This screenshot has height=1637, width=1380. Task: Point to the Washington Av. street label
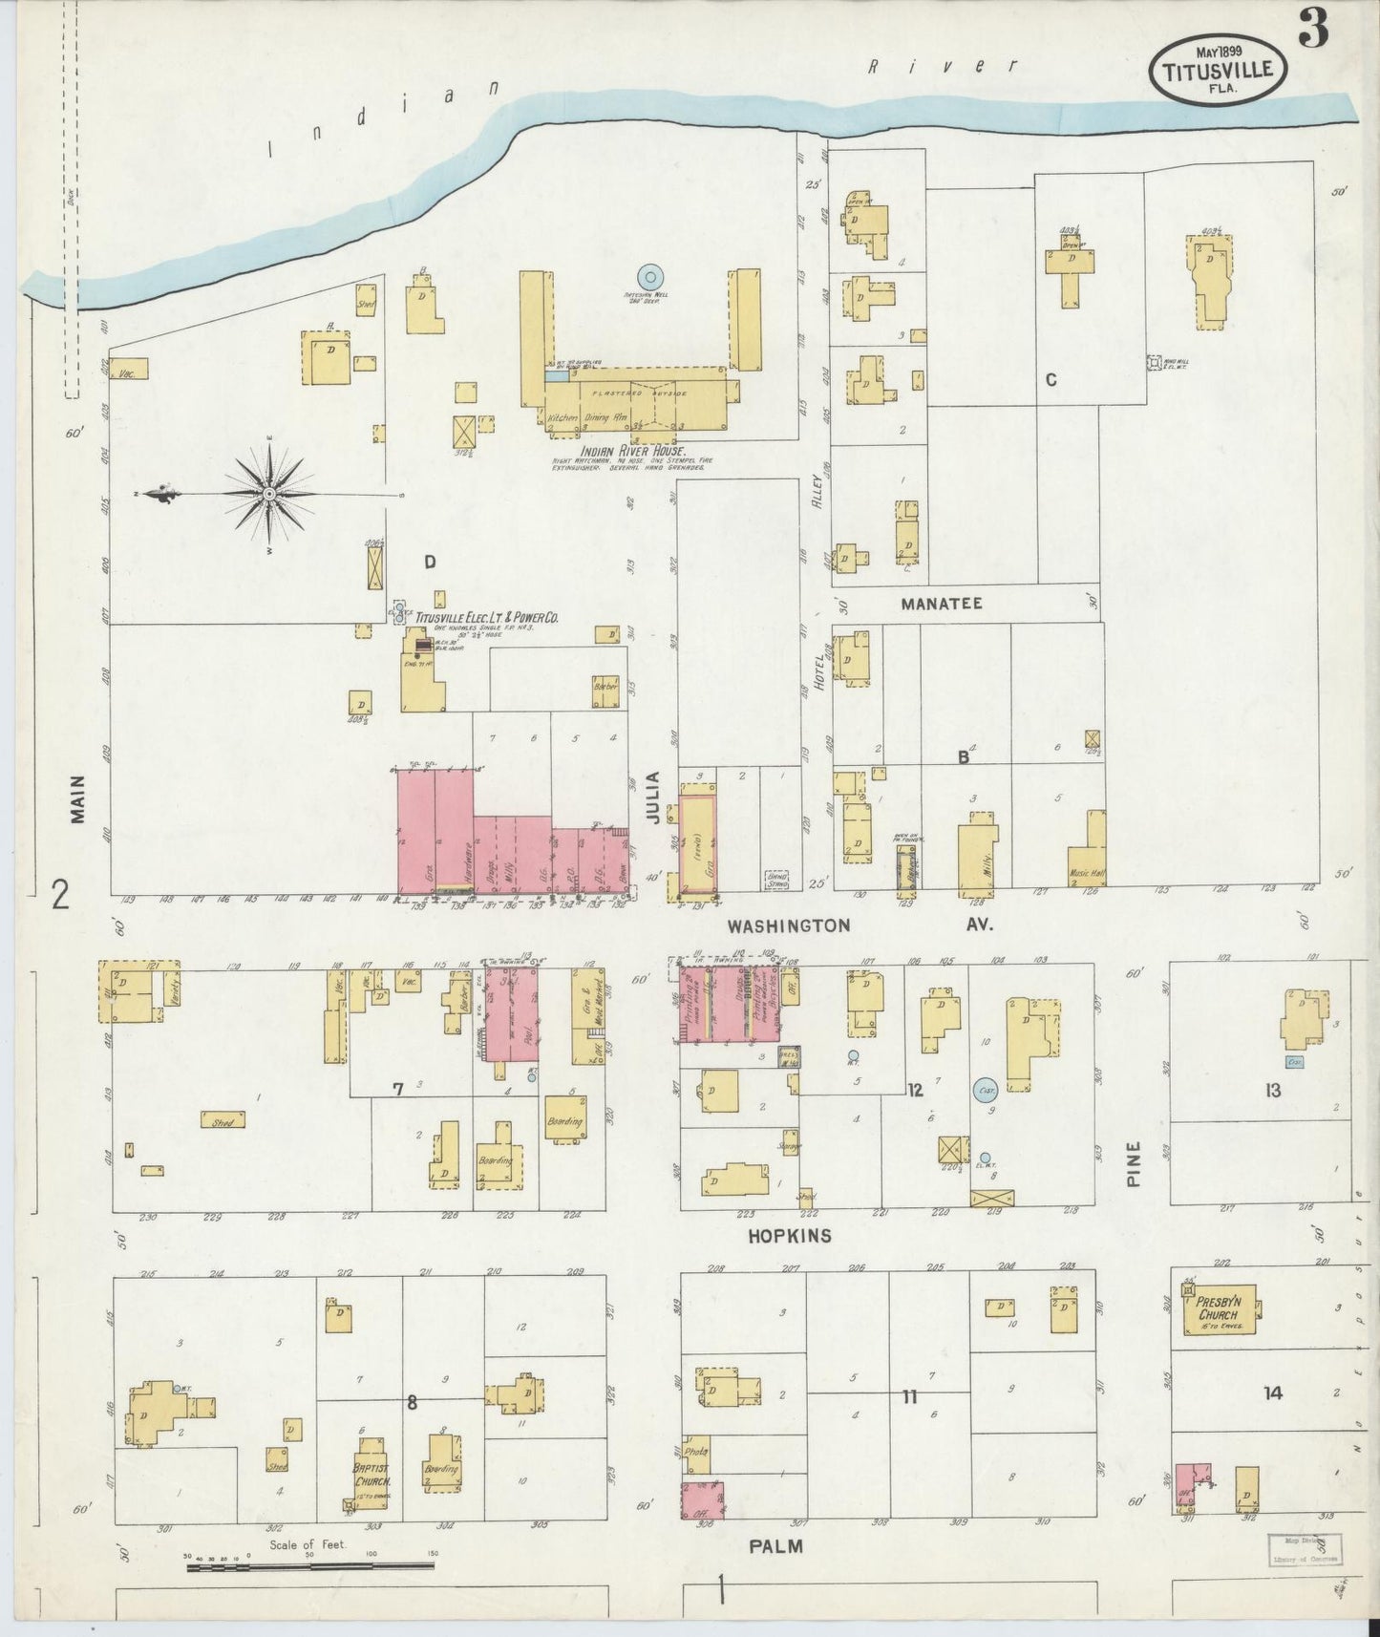tap(788, 925)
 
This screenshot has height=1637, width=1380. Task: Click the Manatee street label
tap(940, 604)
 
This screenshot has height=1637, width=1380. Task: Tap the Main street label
tap(78, 798)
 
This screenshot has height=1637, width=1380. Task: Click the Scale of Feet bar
tap(310, 1566)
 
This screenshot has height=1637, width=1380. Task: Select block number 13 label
tap(1272, 1090)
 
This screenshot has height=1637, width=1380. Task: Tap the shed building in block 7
tap(223, 1120)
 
